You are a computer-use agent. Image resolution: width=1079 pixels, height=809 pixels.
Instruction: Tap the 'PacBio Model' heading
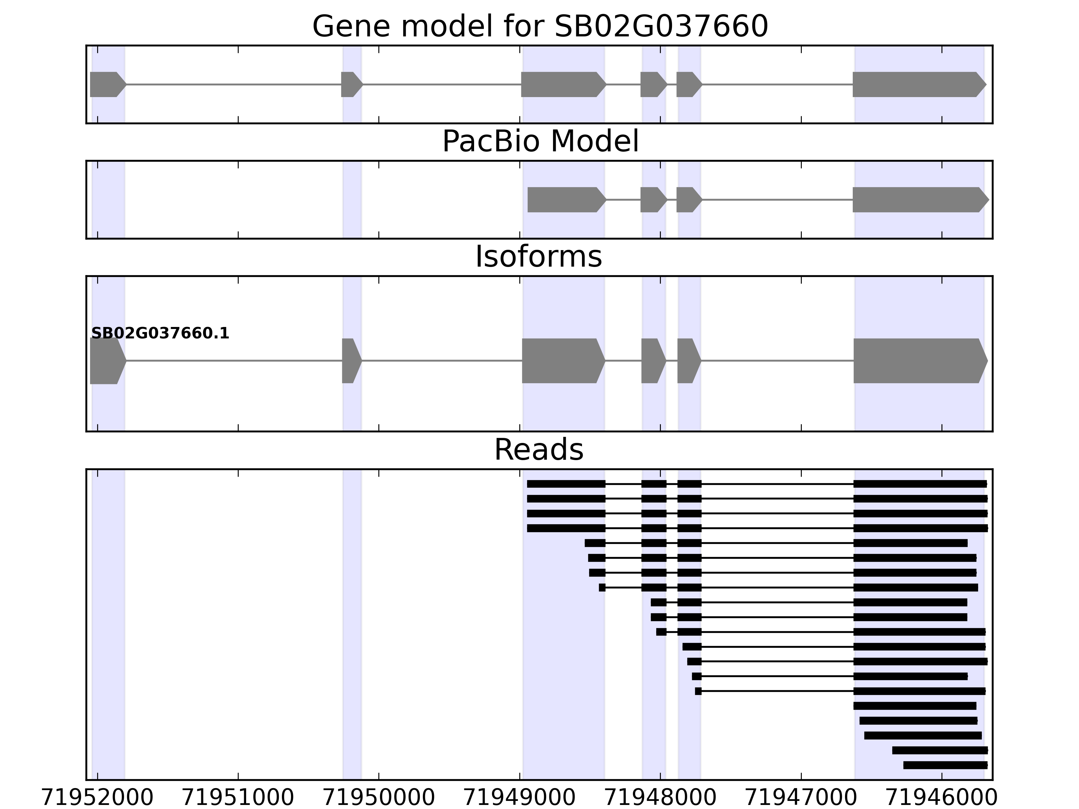tap(540, 142)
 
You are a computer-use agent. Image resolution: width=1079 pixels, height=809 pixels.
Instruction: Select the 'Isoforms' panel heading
tap(538, 257)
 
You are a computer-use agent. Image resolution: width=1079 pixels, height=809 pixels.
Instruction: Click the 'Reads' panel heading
tap(538, 450)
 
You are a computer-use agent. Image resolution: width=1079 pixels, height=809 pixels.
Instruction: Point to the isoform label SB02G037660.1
tap(160, 334)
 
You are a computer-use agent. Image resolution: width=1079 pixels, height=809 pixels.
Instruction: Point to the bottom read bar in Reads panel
tap(945, 765)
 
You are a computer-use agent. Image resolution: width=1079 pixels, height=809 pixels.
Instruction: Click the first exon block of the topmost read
tap(566, 484)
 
